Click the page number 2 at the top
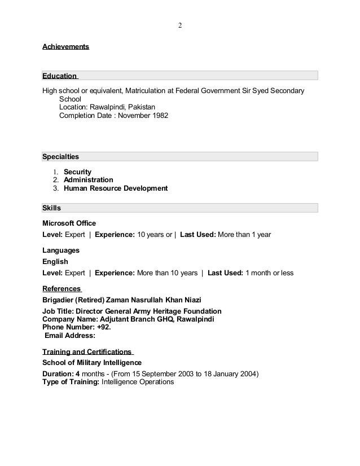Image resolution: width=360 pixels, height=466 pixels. (x=180, y=25)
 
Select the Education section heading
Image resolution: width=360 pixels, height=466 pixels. (x=60, y=76)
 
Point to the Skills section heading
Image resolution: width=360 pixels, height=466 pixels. (x=52, y=208)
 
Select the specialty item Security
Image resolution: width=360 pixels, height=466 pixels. (x=77, y=172)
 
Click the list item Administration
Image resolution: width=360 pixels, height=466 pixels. (x=89, y=180)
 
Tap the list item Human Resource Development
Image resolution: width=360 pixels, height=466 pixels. (x=116, y=188)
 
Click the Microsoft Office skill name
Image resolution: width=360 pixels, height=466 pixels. (x=69, y=223)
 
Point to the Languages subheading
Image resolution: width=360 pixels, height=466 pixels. (x=61, y=250)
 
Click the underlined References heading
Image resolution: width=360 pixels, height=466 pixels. (x=62, y=289)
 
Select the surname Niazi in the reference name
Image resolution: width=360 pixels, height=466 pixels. (x=190, y=299)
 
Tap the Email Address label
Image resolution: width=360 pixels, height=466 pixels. (x=69, y=335)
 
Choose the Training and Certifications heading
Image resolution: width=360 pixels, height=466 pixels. (x=87, y=351)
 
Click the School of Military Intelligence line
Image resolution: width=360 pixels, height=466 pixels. (x=92, y=362)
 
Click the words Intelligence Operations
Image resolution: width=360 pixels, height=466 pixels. (x=138, y=381)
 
